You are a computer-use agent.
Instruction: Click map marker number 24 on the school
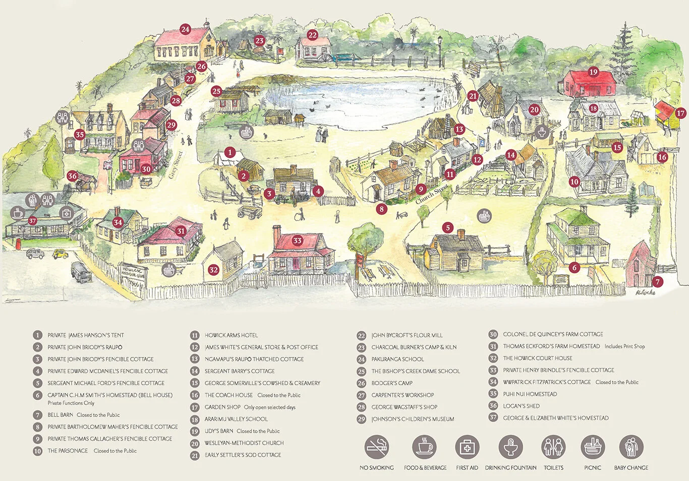[185, 29]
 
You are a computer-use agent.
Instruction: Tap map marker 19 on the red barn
[593, 72]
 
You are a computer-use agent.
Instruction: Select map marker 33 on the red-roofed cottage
[297, 240]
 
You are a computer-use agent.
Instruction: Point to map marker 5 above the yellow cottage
[447, 228]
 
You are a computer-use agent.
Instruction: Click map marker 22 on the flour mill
[313, 35]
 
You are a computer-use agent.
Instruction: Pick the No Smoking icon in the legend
[377, 447]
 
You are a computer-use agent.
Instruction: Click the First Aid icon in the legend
[467, 447]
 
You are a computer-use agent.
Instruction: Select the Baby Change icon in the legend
[631, 447]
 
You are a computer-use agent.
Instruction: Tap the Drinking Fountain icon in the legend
[510, 447]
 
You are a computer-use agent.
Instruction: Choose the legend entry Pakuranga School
[397, 359]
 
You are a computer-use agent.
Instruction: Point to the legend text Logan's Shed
[521, 406]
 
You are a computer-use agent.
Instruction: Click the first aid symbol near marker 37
[66, 213]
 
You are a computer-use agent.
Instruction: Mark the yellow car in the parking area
[60, 254]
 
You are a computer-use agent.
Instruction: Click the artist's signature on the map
[645, 291]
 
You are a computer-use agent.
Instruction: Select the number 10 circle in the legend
[38, 451]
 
